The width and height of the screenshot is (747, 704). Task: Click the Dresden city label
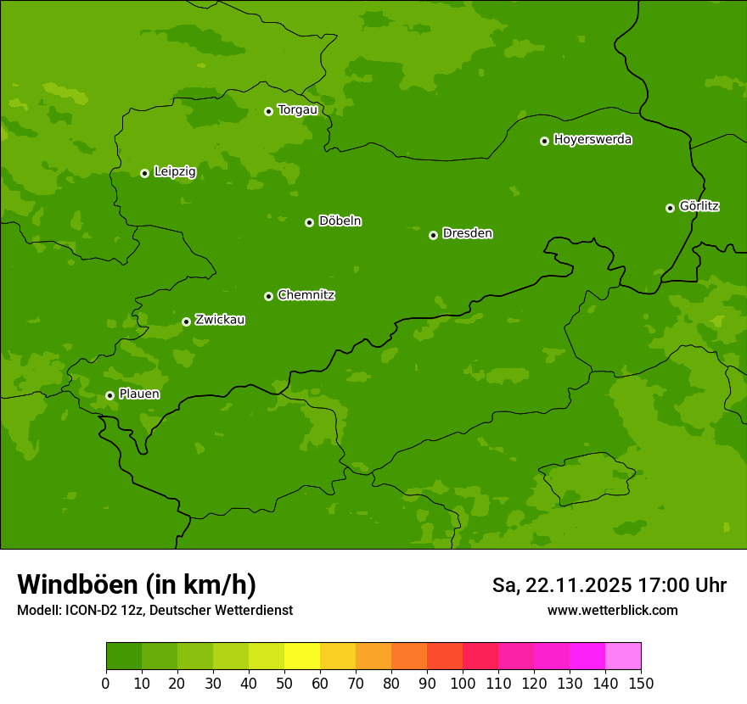[467, 233]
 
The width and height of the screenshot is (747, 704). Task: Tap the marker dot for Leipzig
[144, 173]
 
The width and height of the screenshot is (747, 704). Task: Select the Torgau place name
[297, 109]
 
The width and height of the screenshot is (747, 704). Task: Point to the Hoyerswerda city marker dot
[544, 141]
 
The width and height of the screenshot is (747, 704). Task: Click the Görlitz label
[699, 206]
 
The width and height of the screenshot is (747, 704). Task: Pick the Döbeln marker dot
[309, 222]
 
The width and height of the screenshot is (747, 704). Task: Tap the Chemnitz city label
[306, 295]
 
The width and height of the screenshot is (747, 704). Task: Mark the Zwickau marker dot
[186, 321]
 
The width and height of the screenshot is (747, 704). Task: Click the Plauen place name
[139, 394]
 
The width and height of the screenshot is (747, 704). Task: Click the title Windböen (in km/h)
[137, 584]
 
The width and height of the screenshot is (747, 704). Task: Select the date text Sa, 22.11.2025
[562, 585]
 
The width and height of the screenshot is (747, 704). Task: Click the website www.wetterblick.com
[612, 610]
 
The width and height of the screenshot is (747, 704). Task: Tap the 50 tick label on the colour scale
[284, 683]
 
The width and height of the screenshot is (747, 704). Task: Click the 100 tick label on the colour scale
[463, 683]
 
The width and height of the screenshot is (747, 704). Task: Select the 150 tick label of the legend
[641, 683]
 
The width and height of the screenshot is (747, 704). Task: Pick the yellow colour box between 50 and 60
[302, 656]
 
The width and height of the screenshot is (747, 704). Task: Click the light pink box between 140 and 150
[623, 656]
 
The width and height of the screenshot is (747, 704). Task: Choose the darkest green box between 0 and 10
[124, 656]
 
